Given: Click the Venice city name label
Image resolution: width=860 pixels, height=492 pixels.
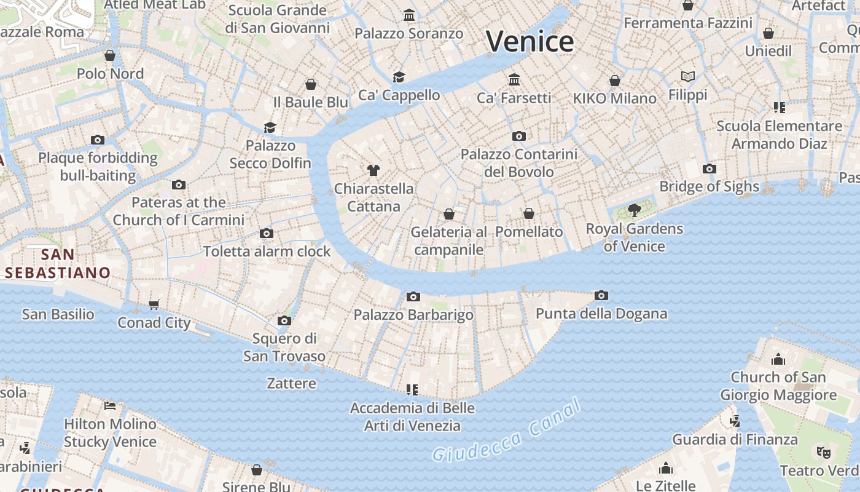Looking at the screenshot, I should tap(530, 42).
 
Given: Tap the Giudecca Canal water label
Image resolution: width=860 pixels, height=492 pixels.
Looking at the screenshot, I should tap(507, 431).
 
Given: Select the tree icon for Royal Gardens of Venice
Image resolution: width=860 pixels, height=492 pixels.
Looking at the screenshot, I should tap(635, 210).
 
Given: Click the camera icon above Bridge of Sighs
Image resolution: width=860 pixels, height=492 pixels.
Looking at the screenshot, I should tap(709, 169).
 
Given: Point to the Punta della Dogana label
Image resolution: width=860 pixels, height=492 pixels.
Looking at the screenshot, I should tap(601, 314).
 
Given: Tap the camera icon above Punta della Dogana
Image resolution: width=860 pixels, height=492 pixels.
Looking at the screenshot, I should tap(601, 296).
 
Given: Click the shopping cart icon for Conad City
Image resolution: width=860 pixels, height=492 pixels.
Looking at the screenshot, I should tap(154, 304).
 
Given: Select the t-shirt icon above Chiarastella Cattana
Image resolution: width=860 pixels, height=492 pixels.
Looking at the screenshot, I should tap(373, 170).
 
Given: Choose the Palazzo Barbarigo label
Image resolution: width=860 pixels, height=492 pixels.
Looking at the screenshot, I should tap(413, 315).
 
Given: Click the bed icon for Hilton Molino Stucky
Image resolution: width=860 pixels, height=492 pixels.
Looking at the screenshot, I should tap(111, 405).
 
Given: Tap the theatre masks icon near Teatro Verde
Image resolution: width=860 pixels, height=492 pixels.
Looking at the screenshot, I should tap(824, 452).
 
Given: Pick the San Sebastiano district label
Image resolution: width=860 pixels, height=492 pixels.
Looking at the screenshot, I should tap(58, 263).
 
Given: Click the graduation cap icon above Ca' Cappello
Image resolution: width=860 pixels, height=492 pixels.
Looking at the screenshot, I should tap(399, 77).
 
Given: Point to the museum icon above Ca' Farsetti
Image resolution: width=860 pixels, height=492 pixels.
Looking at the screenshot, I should tap(514, 79).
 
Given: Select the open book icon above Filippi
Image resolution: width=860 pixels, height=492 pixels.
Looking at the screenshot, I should tap(688, 77).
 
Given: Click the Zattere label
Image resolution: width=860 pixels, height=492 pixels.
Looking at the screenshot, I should tap(291, 383).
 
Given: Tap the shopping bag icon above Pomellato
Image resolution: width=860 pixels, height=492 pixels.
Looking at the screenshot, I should tap(529, 213).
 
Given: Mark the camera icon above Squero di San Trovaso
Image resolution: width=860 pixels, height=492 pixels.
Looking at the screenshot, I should tap(284, 320).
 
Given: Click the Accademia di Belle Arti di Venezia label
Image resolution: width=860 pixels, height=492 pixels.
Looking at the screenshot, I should tap(412, 416).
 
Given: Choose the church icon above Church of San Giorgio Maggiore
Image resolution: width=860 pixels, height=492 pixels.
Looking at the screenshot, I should tap(778, 359).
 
